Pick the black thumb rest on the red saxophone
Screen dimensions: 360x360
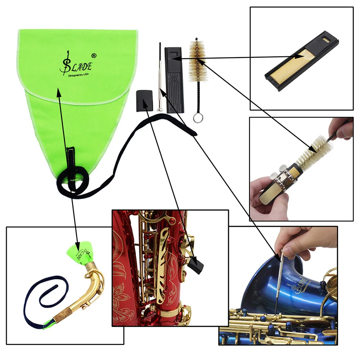pyautogui.click(x=195, y=266)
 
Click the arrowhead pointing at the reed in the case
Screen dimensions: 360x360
pyautogui.click(x=297, y=56)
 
